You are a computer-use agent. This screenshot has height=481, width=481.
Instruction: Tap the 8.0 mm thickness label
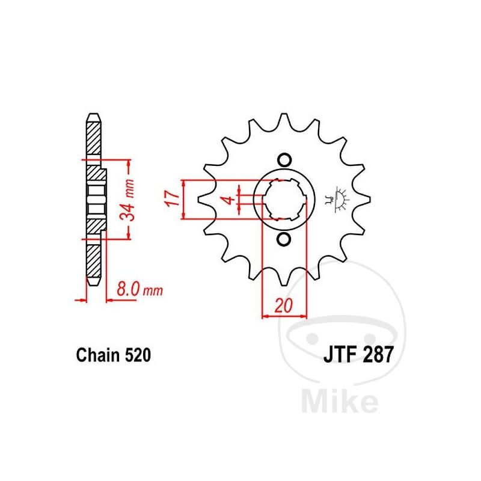point(139,289)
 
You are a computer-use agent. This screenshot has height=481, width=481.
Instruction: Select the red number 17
point(173,198)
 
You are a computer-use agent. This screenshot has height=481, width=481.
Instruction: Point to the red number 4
point(228,200)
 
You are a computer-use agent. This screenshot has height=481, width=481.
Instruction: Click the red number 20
point(284,305)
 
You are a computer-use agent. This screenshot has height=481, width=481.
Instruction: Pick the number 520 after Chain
point(138,355)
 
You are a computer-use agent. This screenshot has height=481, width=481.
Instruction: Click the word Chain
point(98,355)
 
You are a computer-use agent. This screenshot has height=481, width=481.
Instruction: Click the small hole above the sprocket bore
point(284,160)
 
